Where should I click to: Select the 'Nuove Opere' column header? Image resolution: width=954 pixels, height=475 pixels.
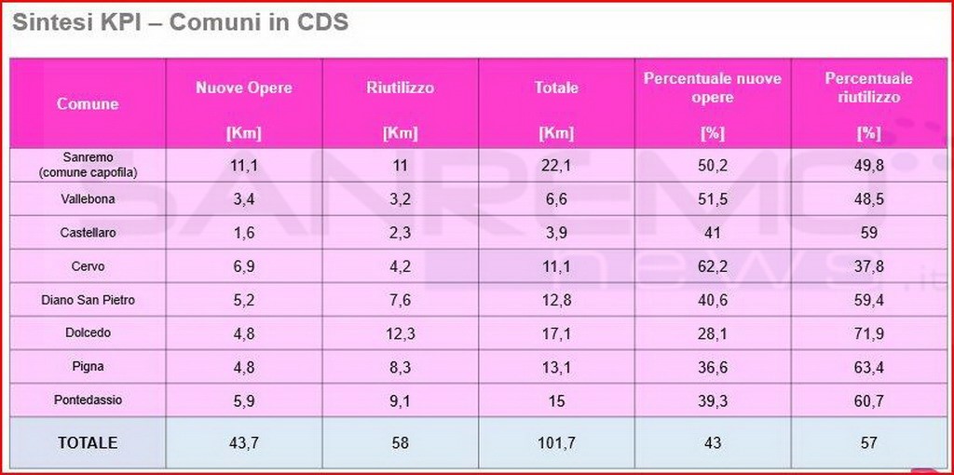tap(243, 88)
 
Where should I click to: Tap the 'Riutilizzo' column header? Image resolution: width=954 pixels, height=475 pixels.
tap(400, 88)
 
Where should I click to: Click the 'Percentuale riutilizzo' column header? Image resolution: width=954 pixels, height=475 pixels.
tap(868, 88)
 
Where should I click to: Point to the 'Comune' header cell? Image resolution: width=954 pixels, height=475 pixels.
tap(88, 103)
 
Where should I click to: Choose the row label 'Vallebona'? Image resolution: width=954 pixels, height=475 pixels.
tap(88, 199)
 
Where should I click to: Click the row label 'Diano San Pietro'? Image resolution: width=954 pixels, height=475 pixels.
tap(88, 300)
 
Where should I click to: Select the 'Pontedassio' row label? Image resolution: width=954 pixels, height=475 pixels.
tap(88, 400)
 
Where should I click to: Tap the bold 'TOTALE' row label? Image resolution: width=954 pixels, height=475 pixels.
tap(88, 443)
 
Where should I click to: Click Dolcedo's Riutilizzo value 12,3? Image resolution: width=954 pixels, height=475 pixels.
tap(400, 333)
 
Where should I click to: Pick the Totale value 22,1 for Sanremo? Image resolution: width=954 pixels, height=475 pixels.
tap(556, 166)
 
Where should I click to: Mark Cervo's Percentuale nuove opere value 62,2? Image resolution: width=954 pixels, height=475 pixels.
tap(713, 266)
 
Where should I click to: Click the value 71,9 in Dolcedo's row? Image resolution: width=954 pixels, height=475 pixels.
tap(868, 333)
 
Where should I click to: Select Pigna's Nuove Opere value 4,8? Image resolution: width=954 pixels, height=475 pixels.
tap(243, 367)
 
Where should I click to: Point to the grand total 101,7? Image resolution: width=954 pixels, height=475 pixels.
tap(556, 443)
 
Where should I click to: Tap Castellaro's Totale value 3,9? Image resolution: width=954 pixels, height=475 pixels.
tap(556, 233)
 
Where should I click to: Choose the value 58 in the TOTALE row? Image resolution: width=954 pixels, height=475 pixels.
tap(400, 443)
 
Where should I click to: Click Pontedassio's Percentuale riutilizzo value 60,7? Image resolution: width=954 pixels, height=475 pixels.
tap(868, 400)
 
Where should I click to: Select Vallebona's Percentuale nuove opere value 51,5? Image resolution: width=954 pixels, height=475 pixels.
tap(713, 199)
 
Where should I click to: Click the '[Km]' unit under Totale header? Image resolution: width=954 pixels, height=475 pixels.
tap(556, 133)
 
